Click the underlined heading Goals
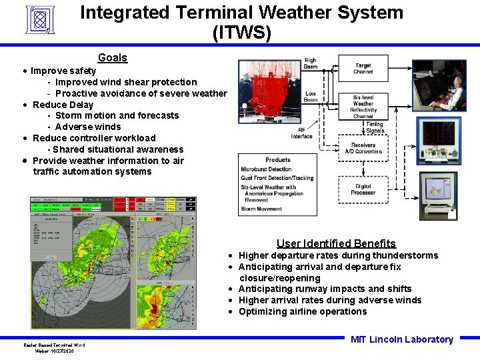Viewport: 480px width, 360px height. (112, 58)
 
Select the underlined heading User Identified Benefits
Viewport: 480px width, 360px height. (336, 243)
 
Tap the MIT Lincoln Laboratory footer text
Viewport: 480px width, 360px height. (401, 339)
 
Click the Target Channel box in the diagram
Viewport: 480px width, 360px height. (363, 69)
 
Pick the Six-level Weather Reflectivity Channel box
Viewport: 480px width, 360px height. (363, 107)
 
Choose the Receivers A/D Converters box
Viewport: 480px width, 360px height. (363, 148)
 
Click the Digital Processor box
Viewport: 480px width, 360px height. (363, 189)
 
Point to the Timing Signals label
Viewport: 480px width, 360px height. (374, 127)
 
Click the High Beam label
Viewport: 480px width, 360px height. (311, 63)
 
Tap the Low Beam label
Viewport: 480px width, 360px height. (311, 97)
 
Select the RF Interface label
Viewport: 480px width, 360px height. (301, 133)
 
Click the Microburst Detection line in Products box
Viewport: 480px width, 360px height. (266, 169)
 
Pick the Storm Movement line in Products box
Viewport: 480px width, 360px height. (261, 209)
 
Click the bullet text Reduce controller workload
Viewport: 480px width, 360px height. (94, 138)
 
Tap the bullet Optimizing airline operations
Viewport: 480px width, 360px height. (302, 311)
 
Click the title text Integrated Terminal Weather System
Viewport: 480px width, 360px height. (241, 13)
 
